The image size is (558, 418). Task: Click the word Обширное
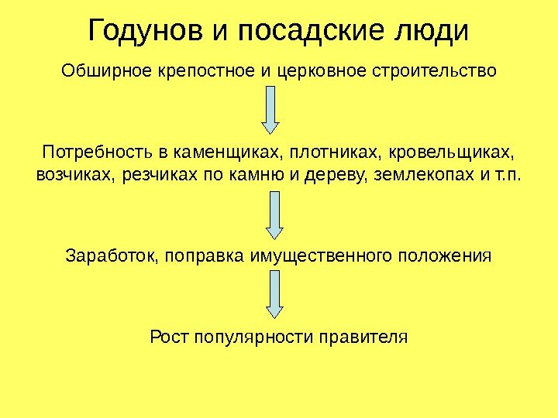point(106,73)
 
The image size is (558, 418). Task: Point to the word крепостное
point(206,73)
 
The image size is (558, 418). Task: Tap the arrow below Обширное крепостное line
point(270,108)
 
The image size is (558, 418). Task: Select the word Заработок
point(108,255)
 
